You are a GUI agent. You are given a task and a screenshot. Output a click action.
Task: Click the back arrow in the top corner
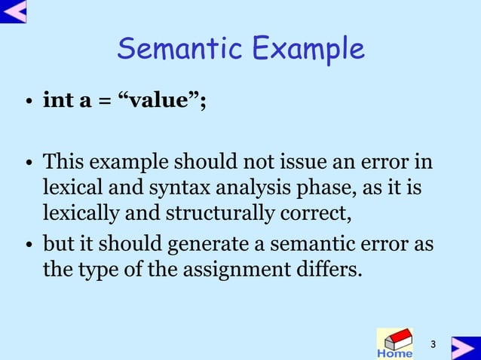click(x=13, y=11)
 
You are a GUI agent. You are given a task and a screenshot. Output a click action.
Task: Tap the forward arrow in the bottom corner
click(x=465, y=347)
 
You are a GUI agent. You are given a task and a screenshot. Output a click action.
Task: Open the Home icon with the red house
click(x=394, y=343)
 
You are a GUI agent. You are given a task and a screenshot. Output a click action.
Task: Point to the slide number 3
click(x=434, y=345)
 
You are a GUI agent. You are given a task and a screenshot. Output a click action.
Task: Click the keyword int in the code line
click(x=57, y=101)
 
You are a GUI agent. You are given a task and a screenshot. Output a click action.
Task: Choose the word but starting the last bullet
click(x=57, y=245)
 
